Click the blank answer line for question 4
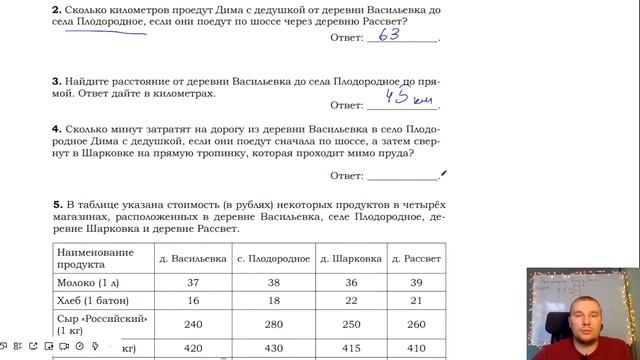click(403, 175)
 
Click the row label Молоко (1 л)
click(92, 283)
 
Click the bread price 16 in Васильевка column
click(193, 301)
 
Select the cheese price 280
click(274, 324)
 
